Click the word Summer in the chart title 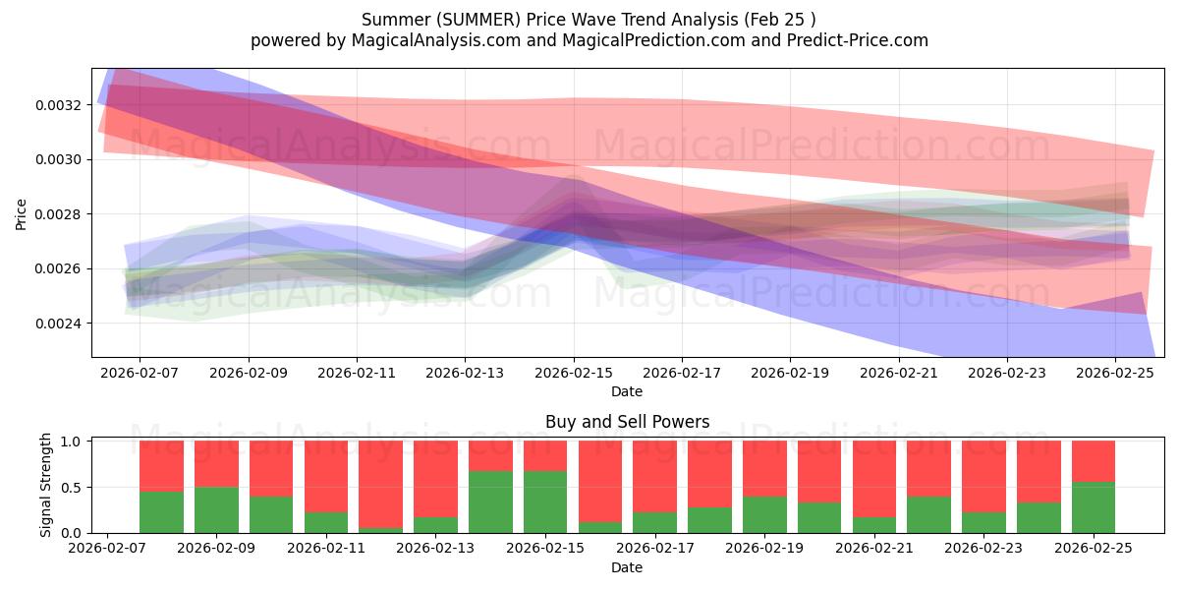tap(386, 20)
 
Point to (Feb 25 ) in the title tap(784, 20)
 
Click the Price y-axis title tap(21, 213)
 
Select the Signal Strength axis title tap(45, 485)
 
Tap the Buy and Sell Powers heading tap(628, 422)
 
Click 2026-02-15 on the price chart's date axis tap(574, 374)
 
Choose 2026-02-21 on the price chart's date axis tap(899, 374)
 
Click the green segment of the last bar tap(1094, 507)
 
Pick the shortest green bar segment tap(380, 530)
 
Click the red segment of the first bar tap(161, 465)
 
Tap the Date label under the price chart tap(628, 391)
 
